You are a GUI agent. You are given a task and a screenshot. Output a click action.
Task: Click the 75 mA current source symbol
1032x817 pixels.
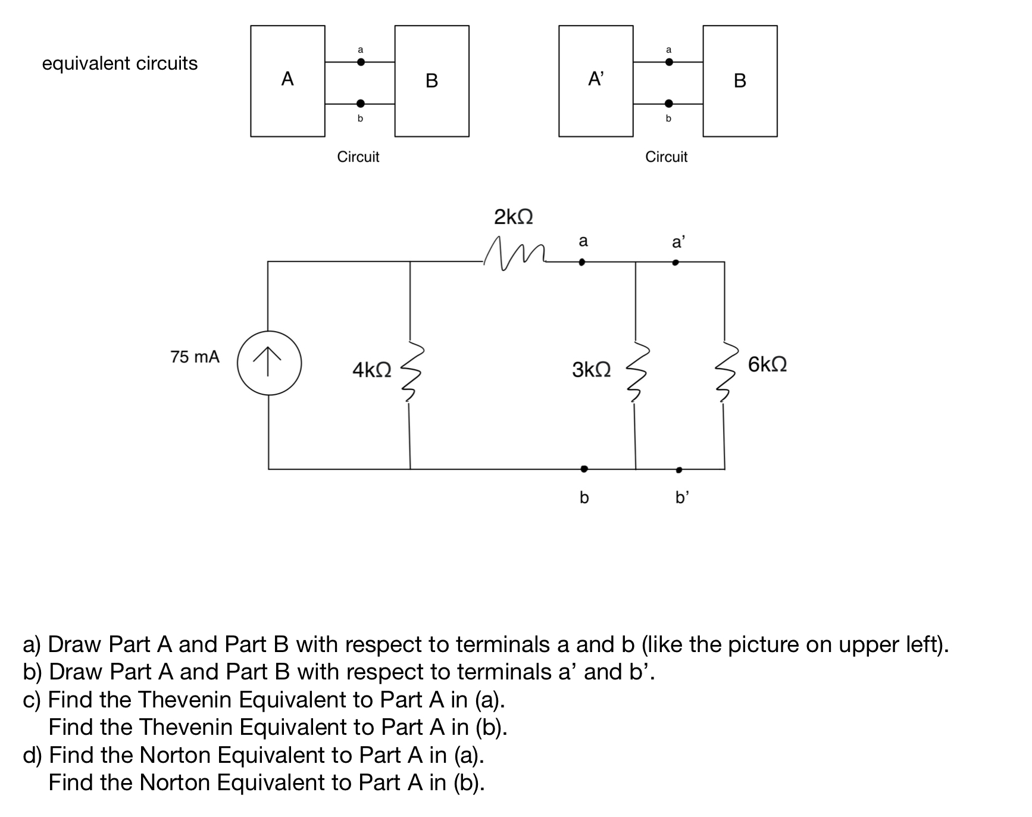[x=269, y=363]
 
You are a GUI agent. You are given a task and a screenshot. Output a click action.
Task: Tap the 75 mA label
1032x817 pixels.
[x=195, y=357]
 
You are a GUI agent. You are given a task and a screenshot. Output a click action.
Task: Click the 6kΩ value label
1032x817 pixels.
[x=767, y=364]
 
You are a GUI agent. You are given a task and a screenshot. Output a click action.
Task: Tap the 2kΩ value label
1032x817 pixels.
[x=513, y=217]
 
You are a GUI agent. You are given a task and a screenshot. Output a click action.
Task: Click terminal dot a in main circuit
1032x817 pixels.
[x=582, y=261]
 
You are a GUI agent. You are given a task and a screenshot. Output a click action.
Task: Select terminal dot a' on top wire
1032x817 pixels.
[x=675, y=262]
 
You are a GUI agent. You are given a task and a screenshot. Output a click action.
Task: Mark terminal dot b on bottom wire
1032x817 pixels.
[x=584, y=469]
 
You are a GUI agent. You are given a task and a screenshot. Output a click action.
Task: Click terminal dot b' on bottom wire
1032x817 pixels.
[x=678, y=470]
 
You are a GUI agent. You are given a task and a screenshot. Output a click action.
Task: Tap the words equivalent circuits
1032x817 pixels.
[x=120, y=63]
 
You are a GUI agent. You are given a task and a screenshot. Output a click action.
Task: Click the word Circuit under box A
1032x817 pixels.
[x=358, y=157]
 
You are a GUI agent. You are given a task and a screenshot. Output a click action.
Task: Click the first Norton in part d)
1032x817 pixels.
[x=176, y=755]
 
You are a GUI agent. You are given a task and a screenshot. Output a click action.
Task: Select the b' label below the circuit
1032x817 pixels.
[x=681, y=497]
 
